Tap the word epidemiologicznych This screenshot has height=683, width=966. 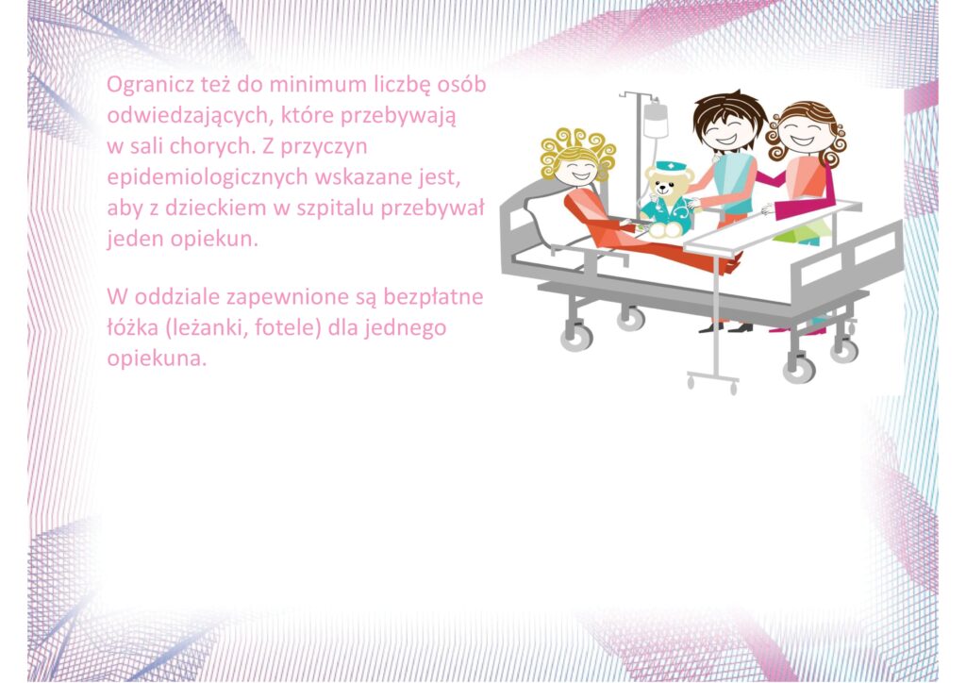point(208,177)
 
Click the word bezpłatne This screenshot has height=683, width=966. point(433,297)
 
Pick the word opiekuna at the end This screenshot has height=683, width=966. point(157,358)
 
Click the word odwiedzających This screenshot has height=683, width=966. point(190,116)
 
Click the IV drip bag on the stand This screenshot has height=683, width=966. point(656,120)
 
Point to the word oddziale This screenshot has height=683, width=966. point(177,297)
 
